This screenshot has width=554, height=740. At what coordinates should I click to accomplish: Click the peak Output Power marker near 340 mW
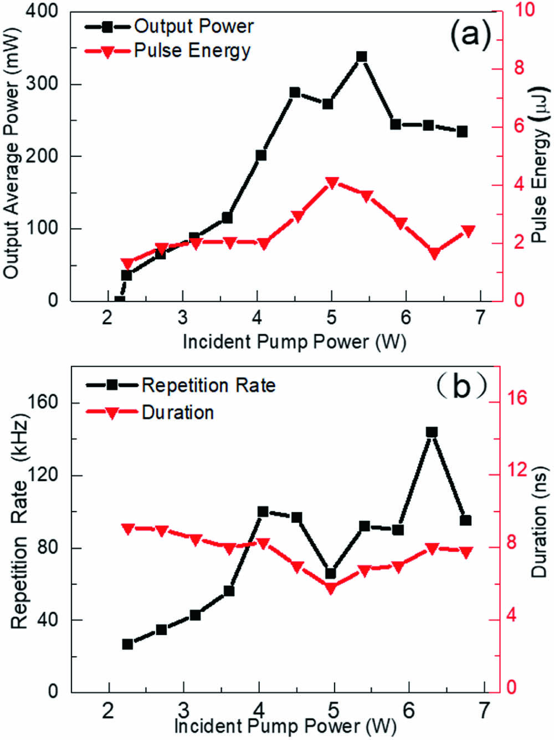click(x=362, y=57)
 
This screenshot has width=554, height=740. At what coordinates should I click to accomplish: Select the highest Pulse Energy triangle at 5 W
click(x=332, y=183)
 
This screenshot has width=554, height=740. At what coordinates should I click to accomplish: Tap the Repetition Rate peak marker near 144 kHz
click(x=432, y=432)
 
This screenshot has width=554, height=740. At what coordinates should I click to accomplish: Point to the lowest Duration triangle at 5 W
click(x=331, y=589)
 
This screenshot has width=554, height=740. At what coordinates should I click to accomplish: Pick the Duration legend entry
click(x=150, y=412)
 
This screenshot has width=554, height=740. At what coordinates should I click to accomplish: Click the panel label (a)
click(x=470, y=34)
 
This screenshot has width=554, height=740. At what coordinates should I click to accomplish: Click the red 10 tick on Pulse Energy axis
click(x=524, y=10)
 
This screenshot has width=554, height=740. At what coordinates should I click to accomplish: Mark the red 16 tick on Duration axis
click(x=515, y=398)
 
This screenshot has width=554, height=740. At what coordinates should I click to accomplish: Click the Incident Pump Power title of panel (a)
click(x=294, y=341)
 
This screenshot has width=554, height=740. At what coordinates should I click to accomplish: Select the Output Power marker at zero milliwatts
click(x=119, y=301)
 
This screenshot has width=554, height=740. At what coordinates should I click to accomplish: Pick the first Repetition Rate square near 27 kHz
click(x=127, y=644)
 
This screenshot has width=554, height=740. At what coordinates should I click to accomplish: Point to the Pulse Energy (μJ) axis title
click(x=539, y=164)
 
